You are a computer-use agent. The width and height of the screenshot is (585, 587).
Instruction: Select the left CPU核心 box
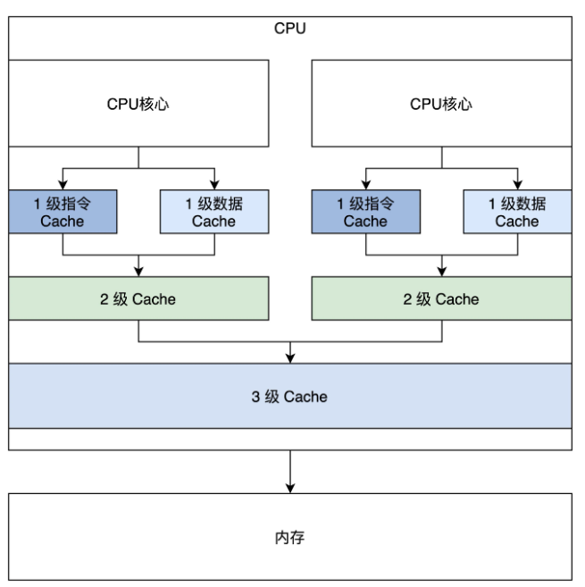click(138, 104)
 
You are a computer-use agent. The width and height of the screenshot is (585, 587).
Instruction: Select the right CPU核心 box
click(441, 104)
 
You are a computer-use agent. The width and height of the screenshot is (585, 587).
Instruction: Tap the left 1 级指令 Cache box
click(62, 213)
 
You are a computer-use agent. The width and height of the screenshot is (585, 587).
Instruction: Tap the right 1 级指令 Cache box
click(365, 213)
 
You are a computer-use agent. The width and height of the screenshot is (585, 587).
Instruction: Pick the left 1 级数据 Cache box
click(214, 213)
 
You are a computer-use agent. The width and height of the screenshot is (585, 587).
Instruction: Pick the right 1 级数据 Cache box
click(517, 213)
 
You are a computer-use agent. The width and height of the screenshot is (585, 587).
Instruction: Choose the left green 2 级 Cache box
click(138, 298)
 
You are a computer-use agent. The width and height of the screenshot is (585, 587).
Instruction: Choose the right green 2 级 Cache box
click(441, 298)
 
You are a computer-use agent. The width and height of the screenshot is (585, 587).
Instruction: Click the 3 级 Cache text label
click(289, 397)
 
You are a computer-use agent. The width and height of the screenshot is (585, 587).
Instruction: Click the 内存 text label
click(289, 539)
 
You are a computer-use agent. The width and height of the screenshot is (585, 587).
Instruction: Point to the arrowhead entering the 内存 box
click(289, 488)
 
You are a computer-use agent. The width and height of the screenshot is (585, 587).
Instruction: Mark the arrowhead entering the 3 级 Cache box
click(289, 359)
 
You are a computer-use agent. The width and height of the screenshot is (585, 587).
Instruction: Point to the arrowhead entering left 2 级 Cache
click(138, 273)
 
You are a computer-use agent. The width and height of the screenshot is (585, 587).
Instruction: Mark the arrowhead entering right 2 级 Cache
click(441, 273)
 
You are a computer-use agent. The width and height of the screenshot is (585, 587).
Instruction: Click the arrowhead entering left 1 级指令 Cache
click(62, 185)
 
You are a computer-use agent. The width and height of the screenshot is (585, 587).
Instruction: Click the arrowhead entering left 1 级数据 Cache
click(214, 185)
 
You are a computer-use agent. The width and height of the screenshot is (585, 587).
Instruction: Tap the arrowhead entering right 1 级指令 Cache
click(365, 185)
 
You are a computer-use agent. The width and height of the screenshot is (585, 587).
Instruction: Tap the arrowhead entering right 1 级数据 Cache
click(517, 185)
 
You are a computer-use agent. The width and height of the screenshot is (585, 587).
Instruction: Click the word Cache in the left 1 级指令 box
click(62, 222)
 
